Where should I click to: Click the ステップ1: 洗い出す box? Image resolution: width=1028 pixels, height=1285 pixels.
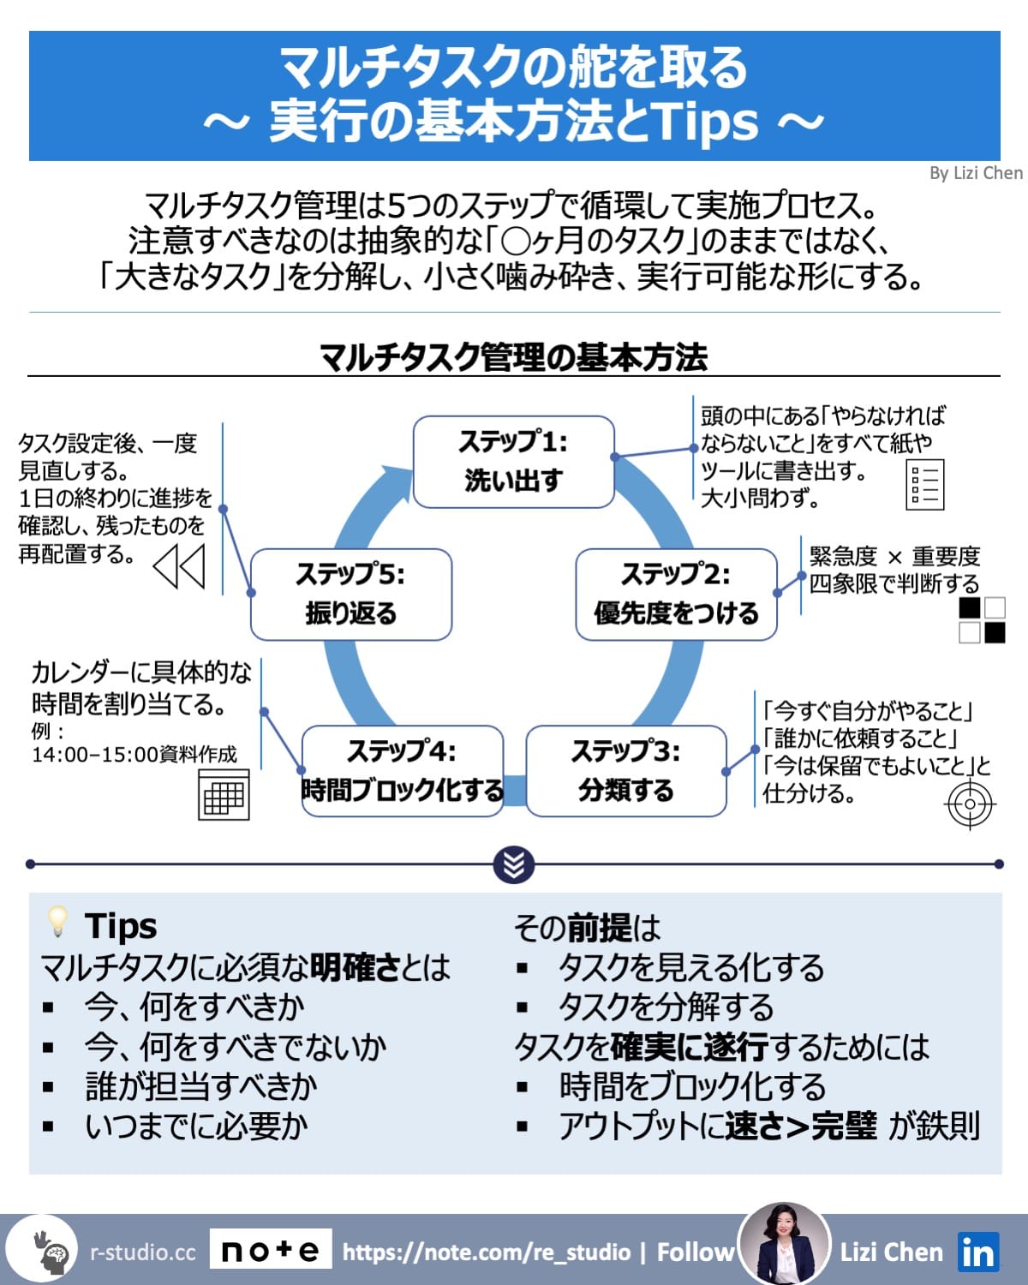[514, 462]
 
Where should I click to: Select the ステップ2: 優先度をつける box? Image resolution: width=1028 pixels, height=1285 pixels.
[676, 595]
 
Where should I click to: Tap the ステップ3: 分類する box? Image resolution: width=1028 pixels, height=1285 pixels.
[626, 771]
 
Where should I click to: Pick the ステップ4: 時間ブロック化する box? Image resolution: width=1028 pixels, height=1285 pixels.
[402, 771]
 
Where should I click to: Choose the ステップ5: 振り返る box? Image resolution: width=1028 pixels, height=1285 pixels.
[350, 595]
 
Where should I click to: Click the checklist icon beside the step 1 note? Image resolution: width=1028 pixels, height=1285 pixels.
[924, 485]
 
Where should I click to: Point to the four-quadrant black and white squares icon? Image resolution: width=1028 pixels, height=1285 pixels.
[982, 620]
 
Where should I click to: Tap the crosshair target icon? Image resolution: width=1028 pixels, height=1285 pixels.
[970, 804]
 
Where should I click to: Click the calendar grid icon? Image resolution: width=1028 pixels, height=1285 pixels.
[224, 795]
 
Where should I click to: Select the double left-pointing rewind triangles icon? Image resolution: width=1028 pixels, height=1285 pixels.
[179, 566]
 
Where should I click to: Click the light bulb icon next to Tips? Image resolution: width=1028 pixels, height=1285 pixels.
[57, 922]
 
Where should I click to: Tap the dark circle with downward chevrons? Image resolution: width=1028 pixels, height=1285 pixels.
[514, 865]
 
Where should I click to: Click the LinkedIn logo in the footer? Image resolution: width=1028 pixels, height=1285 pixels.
[977, 1253]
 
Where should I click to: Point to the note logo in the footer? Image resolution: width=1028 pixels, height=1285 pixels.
[271, 1252]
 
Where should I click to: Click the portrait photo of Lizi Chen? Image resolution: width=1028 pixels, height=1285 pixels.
[784, 1246]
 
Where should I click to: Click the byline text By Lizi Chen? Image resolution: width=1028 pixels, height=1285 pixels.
[976, 173]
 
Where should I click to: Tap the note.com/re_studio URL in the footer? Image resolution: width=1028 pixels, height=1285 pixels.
[486, 1252]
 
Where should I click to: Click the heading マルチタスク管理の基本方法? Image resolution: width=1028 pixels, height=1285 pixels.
[514, 357]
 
